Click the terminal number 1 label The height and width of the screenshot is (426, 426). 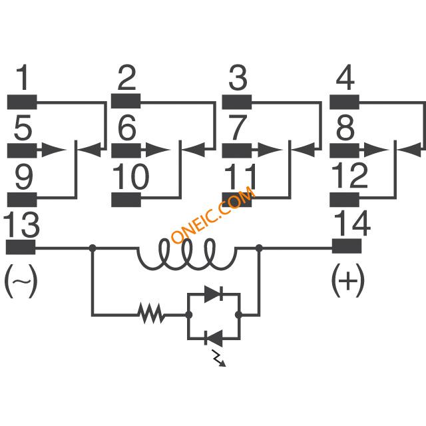coord(23,77)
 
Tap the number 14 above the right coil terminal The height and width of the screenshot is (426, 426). coord(352,223)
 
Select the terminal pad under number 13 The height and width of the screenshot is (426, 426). coord(21,247)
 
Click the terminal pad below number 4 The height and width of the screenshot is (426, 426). coord(345,102)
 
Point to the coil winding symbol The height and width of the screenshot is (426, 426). coord(187,254)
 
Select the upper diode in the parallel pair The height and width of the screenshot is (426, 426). coord(214,294)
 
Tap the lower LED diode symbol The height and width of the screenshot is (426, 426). coord(214,339)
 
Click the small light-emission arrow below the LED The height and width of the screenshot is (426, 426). coord(219,358)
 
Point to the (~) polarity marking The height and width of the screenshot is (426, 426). coord(21,281)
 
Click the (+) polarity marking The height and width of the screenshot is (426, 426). coord(347,280)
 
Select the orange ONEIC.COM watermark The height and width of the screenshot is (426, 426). coord(214,214)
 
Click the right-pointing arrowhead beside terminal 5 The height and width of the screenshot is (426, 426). coord(53,149)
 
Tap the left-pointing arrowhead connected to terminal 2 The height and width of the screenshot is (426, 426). coord(193,150)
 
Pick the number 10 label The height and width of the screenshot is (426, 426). coord(131,176)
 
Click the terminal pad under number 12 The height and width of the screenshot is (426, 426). coord(345,200)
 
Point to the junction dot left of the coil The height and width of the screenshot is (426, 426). coord(93,248)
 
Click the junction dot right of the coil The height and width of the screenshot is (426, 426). coord(259,248)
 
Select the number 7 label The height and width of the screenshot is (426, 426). coord(238,127)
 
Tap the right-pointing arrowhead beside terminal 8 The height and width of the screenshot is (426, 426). coord(376,150)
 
